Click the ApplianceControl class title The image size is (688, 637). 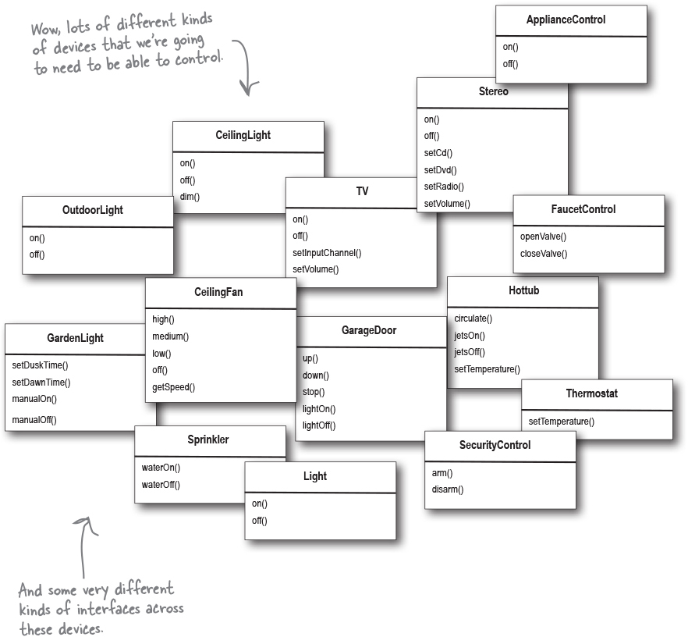(571, 20)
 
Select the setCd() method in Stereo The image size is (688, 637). (438, 153)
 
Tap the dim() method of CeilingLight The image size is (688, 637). (190, 197)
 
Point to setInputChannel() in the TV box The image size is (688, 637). (327, 252)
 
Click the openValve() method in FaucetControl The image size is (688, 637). (544, 237)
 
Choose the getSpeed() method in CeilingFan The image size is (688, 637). (173, 387)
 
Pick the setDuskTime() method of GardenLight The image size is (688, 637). (40, 365)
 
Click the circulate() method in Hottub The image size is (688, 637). (473, 318)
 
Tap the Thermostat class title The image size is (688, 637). (591, 393)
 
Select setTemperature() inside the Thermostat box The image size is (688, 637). (561, 422)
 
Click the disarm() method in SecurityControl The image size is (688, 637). (448, 489)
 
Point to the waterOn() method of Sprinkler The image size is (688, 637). (161, 468)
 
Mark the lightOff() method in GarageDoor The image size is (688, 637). (319, 425)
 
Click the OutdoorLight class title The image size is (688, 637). (92, 210)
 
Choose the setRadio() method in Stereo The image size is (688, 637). (444, 187)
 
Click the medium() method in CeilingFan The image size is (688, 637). (170, 336)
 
